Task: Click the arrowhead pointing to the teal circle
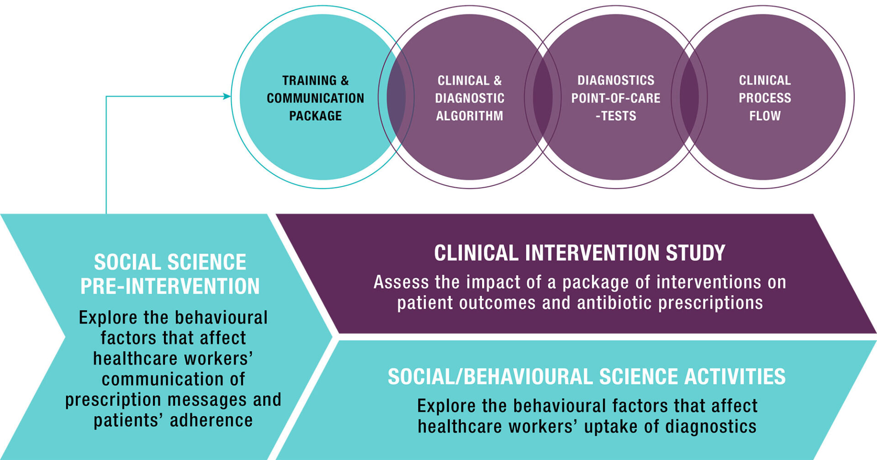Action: pyautogui.click(x=227, y=96)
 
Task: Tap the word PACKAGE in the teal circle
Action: pyautogui.click(x=316, y=116)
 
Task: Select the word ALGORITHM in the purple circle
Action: pyautogui.click(x=470, y=116)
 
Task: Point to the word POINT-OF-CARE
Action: pyautogui.click(x=616, y=98)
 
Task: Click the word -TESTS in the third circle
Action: pyautogui.click(x=616, y=116)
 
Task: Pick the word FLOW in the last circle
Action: pyautogui.click(x=765, y=116)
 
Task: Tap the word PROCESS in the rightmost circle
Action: pyautogui.click(x=765, y=98)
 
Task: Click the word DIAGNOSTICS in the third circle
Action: pyautogui.click(x=616, y=80)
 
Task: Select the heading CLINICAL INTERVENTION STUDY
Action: pyautogui.click(x=580, y=253)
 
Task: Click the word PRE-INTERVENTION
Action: pyautogui.click(x=170, y=286)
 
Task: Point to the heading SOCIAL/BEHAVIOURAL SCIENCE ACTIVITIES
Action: pyautogui.click(x=586, y=377)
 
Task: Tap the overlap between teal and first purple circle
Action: pyautogui.click(x=396, y=97)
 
